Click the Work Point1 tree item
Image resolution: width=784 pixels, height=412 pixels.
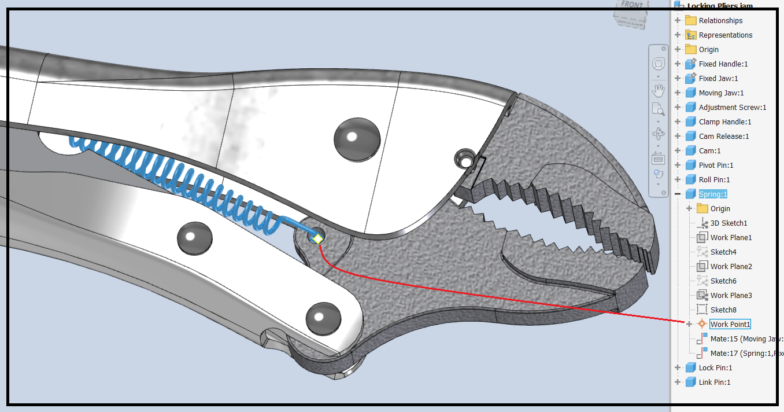(x=730, y=324)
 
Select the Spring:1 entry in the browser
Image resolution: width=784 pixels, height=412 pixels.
(x=713, y=194)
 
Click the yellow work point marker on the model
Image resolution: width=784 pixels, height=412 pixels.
(x=317, y=238)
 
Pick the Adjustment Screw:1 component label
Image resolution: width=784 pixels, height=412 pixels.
(x=732, y=107)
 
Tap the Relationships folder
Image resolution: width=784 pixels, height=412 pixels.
(x=720, y=20)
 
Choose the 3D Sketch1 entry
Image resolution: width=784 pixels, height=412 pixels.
(x=728, y=223)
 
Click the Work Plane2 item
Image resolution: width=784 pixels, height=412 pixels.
(x=731, y=266)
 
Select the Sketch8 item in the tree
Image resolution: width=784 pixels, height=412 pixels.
(x=723, y=310)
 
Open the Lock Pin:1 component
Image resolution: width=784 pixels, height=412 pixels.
(x=715, y=367)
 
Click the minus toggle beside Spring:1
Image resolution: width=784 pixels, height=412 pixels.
(x=678, y=194)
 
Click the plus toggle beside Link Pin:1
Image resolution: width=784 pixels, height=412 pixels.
(x=678, y=382)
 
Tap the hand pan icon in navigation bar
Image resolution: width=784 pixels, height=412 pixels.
(x=658, y=91)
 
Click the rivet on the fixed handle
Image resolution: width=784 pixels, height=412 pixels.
(x=357, y=139)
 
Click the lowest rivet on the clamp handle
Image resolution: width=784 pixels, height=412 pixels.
(x=323, y=317)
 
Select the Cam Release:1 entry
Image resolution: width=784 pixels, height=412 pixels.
(x=723, y=136)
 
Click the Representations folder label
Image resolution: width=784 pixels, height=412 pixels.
(x=725, y=35)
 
